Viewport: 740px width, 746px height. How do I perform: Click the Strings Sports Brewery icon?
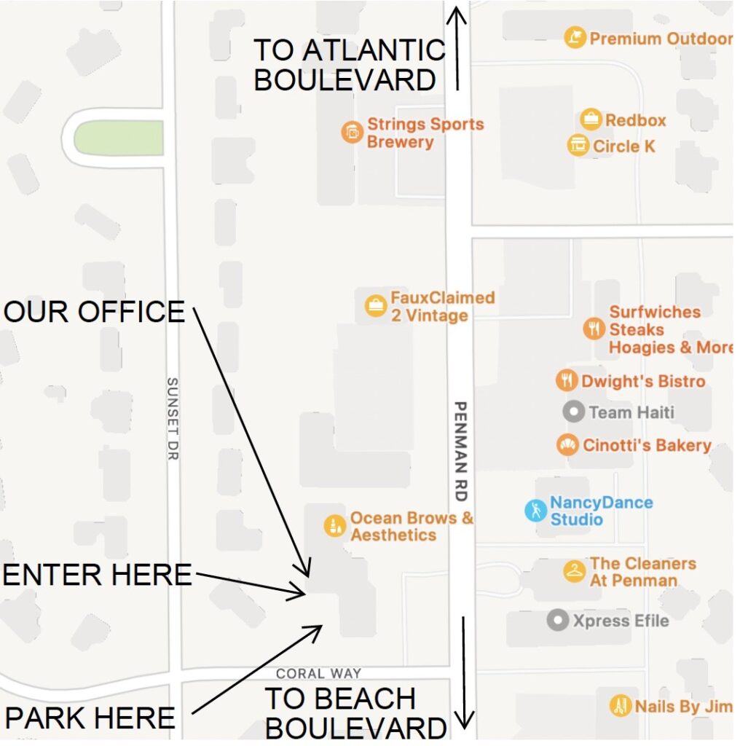(352, 133)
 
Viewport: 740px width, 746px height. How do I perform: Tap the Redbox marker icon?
(591, 119)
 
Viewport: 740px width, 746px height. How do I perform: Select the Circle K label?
(623, 146)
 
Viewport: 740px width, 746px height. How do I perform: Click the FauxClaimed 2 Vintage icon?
(375, 306)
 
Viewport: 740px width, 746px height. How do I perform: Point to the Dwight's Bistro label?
(642, 381)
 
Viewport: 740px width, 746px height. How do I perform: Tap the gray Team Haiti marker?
(574, 412)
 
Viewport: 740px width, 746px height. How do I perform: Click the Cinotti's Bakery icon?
(567, 444)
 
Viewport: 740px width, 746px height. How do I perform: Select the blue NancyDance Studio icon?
(535, 510)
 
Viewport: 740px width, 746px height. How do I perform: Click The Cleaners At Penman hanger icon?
(575, 571)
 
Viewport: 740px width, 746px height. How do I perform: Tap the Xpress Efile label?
(621, 621)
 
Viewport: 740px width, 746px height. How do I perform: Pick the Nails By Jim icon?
(621, 705)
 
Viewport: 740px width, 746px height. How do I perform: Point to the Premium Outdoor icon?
(575, 38)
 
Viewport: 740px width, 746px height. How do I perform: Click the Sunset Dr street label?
(173, 418)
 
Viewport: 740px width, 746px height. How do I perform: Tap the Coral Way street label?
(318, 674)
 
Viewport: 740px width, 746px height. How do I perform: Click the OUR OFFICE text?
(95, 312)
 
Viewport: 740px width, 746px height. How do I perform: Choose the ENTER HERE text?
(98, 575)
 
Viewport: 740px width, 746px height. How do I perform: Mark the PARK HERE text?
(90, 718)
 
